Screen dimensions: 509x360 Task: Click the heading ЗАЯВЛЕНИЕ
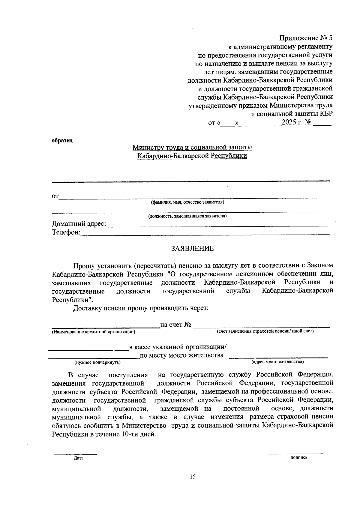pyautogui.click(x=192, y=248)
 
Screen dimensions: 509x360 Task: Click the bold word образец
pyautogui.click(x=62, y=140)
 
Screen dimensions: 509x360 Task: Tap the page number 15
pyautogui.click(x=192, y=476)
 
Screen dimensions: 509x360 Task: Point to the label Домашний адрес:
pyautogui.click(x=79, y=224)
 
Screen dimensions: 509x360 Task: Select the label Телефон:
pyautogui.click(x=66, y=232)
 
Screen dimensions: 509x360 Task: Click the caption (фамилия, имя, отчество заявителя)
pyautogui.click(x=187, y=202)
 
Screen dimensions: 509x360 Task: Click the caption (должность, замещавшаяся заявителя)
pyautogui.click(x=187, y=216)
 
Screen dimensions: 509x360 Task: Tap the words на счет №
pyautogui.click(x=176, y=325)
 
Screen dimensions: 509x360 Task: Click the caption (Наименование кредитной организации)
pyautogui.click(x=93, y=332)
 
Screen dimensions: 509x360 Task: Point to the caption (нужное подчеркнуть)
pyautogui.click(x=97, y=362)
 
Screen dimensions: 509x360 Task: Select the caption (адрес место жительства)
pyautogui.click(x=277, y=362)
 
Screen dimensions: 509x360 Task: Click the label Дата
pyautogui.click(x=79, y=458)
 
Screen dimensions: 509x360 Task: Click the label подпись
pyautogui.click(x=299, y=457)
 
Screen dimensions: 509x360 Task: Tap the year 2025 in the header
pyautogui.click(x=289, y=123)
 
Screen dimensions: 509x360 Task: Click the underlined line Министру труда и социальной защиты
pyautogui.click(x=192, y=147)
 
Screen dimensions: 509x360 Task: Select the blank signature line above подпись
pyautogui.click(x=295, y=453)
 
